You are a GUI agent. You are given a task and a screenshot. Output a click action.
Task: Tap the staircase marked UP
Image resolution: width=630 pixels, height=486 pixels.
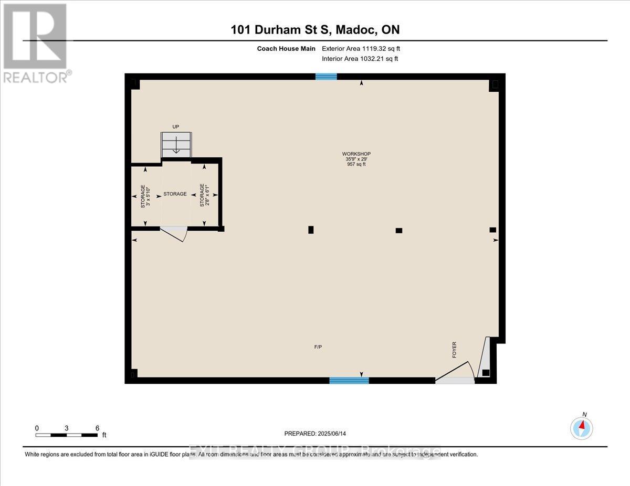pyautogui.click(x=176, y=144)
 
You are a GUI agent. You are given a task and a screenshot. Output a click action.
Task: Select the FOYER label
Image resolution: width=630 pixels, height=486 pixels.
pyautogui.click(x=454, y=350)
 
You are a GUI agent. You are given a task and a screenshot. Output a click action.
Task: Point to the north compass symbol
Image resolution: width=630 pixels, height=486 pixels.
pyautogui.click(x=582, y=428)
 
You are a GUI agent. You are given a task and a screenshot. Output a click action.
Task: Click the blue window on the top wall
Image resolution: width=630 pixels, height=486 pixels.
pyautogui.click(x=326, y=77)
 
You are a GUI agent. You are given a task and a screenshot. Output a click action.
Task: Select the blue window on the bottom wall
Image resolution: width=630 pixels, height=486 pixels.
pyautogui.click(x=349, y=380)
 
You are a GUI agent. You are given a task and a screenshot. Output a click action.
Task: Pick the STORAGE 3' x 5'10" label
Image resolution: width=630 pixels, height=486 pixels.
pyautogui.click(x=145, y=196)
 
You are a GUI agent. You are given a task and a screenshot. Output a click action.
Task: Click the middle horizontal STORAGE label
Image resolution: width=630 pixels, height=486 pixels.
pyautogui.click(x=175, y=194)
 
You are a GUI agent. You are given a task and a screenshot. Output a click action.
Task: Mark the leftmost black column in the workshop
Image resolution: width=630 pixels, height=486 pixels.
pyautogui.click(x=311, y=229)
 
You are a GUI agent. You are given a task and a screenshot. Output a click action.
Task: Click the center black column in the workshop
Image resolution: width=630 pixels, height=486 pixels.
pyautogui.click(x=399, y=230)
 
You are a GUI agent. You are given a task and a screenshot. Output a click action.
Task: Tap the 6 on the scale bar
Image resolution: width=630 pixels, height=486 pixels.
pyautogui.click(x=97, y=428)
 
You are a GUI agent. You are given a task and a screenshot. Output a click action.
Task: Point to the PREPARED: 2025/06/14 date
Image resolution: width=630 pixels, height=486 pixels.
pyautogui.click(x=316, y=434)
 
